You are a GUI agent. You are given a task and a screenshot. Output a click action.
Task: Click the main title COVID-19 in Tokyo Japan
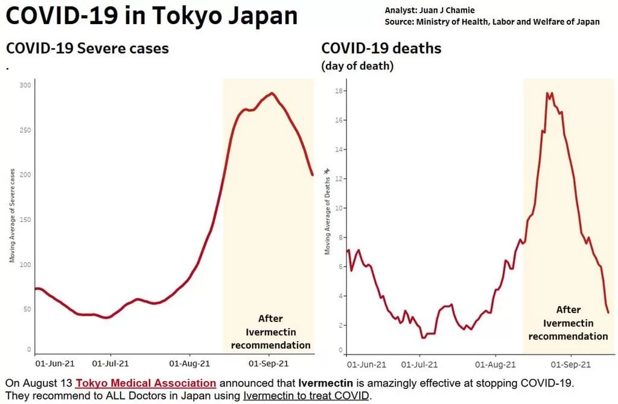click(x=151, y=16)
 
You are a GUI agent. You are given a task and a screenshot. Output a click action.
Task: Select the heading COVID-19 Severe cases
click(x=88, y=48)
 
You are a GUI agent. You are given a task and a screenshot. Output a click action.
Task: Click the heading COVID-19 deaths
click(x=381, y=48)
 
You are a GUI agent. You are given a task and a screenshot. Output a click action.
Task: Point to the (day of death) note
click(x=357, y=66)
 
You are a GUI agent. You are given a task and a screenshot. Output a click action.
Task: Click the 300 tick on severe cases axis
click(x=25, y=85)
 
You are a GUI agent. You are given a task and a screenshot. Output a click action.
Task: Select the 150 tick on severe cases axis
click(x=25, y=219)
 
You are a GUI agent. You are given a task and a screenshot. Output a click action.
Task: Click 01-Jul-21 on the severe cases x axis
click(x=110, y=364)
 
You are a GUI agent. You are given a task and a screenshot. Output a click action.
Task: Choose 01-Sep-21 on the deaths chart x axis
click(x=571, y=365)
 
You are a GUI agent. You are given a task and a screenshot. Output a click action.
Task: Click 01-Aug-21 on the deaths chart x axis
click(x=495, y=365)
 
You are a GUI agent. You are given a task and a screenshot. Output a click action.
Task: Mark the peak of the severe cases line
click(x=272, y=93)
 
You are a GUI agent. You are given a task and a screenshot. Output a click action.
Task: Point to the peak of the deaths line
click(x=547, y=93)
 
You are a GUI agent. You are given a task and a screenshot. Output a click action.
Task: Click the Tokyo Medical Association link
click(x=146, y=383)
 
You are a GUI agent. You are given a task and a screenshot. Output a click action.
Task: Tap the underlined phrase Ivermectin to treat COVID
click(x=306, y=396)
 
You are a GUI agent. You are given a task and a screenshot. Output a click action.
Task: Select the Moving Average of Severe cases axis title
click(x=12, y=215)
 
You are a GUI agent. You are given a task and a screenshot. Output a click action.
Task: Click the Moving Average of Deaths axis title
click(x=327, y=216)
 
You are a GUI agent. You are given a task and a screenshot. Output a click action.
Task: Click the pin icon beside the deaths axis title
click(x=327, y=171)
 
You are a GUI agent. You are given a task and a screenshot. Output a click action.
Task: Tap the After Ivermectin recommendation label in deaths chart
click(x=568, y=323)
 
